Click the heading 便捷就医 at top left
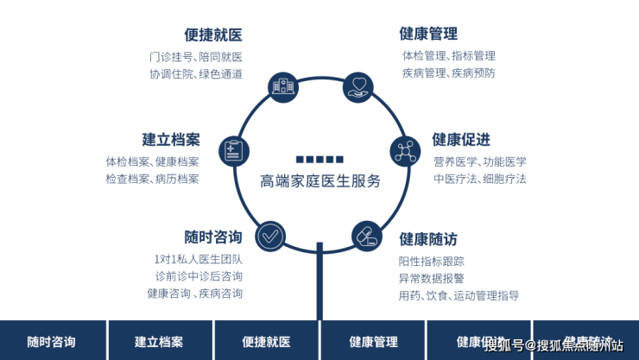tap(212, 35)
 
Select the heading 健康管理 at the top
tap(427, 34)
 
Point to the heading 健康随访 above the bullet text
tap(427, 239)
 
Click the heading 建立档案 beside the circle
tap(171, 140)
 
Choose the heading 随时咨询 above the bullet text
tap(212, 237)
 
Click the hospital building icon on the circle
tap(282, 85)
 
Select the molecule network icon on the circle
tap(405, 151)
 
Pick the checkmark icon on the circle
tap(270, 235)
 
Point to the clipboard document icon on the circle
tap(232, 151)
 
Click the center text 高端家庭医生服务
tap(319, 182)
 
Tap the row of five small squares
tap(319, 160)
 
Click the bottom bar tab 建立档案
tap(159, 341)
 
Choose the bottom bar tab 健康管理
tap(373, 341)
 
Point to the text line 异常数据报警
tap(431, 278)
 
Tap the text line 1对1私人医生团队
tap(198, 259)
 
